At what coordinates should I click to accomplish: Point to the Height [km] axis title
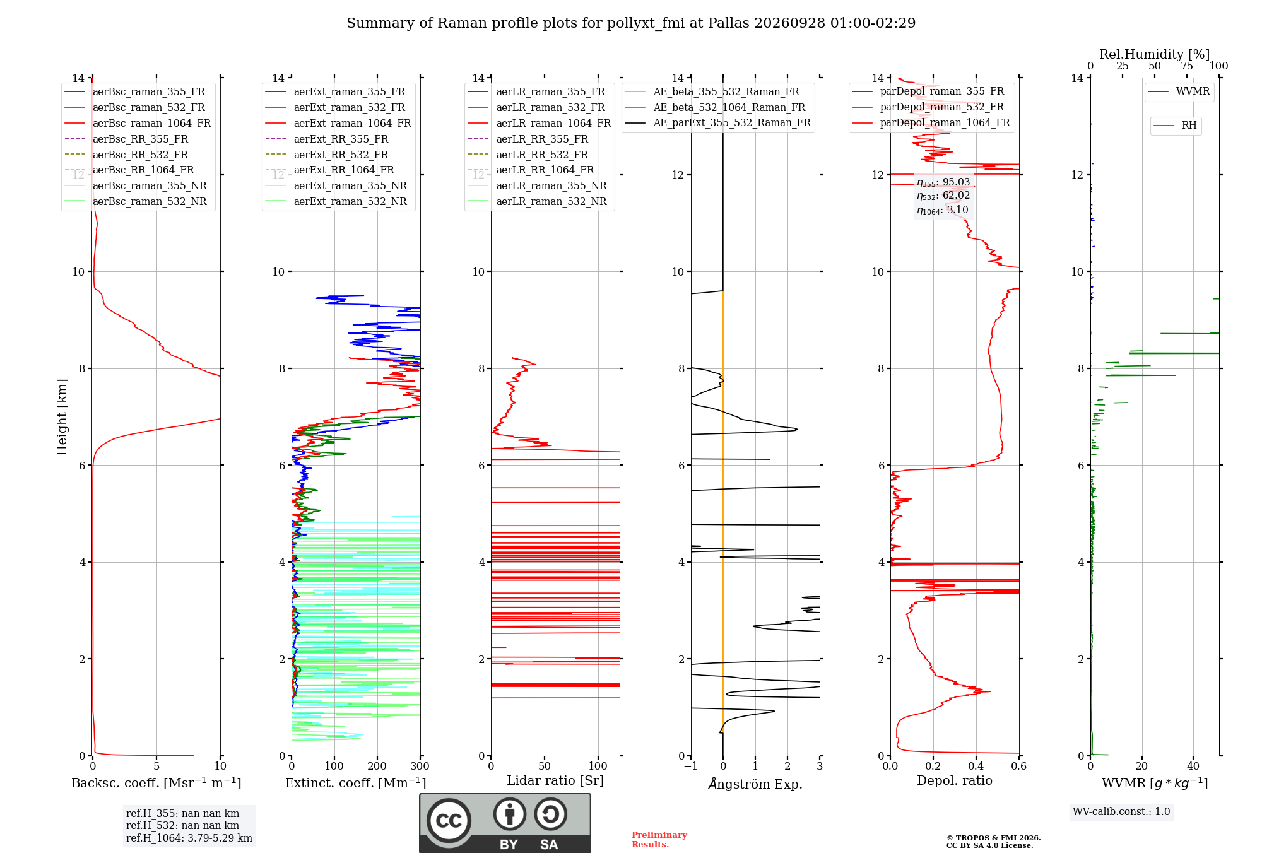click(x=62, y=417)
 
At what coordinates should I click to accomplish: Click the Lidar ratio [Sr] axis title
click(x=555, y=780)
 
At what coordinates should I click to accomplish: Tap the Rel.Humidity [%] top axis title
click(x=1155, y=54)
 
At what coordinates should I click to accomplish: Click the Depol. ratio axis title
click(x=955, y=780)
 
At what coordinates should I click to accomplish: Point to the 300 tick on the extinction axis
click(x=420, y=767)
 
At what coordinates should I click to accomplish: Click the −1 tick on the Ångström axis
click(x=691, y=767)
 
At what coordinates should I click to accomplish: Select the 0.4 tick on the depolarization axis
click(x=976, y=767)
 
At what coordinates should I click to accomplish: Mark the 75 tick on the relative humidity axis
click(x=1187, y=66)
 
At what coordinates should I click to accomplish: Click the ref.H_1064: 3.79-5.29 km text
click(x=189, y=838)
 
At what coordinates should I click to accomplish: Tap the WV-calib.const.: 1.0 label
click(x=1121, y=812)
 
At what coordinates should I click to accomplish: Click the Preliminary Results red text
click(x=659, y=840)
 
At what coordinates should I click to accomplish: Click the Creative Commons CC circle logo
click(x=449, y=821)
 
